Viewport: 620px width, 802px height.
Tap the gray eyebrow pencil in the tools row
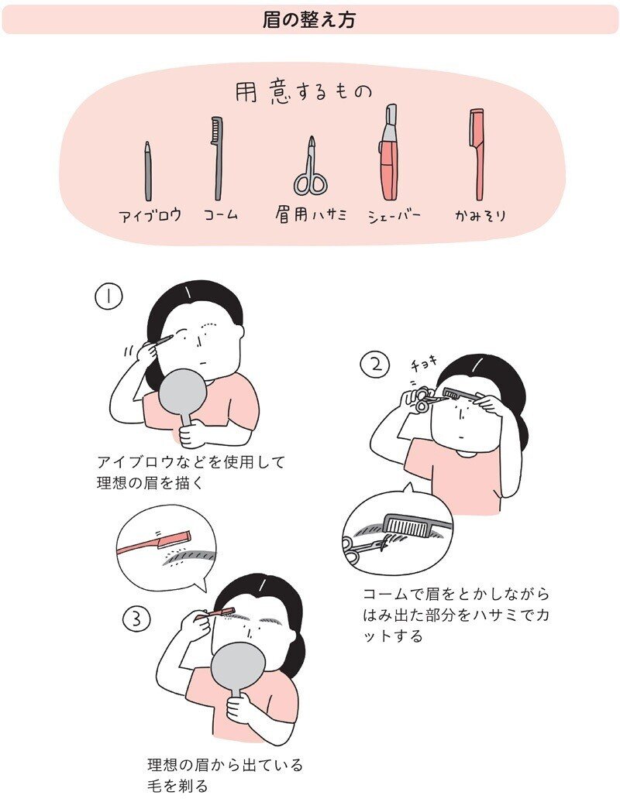147,172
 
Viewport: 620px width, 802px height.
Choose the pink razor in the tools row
477,155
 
